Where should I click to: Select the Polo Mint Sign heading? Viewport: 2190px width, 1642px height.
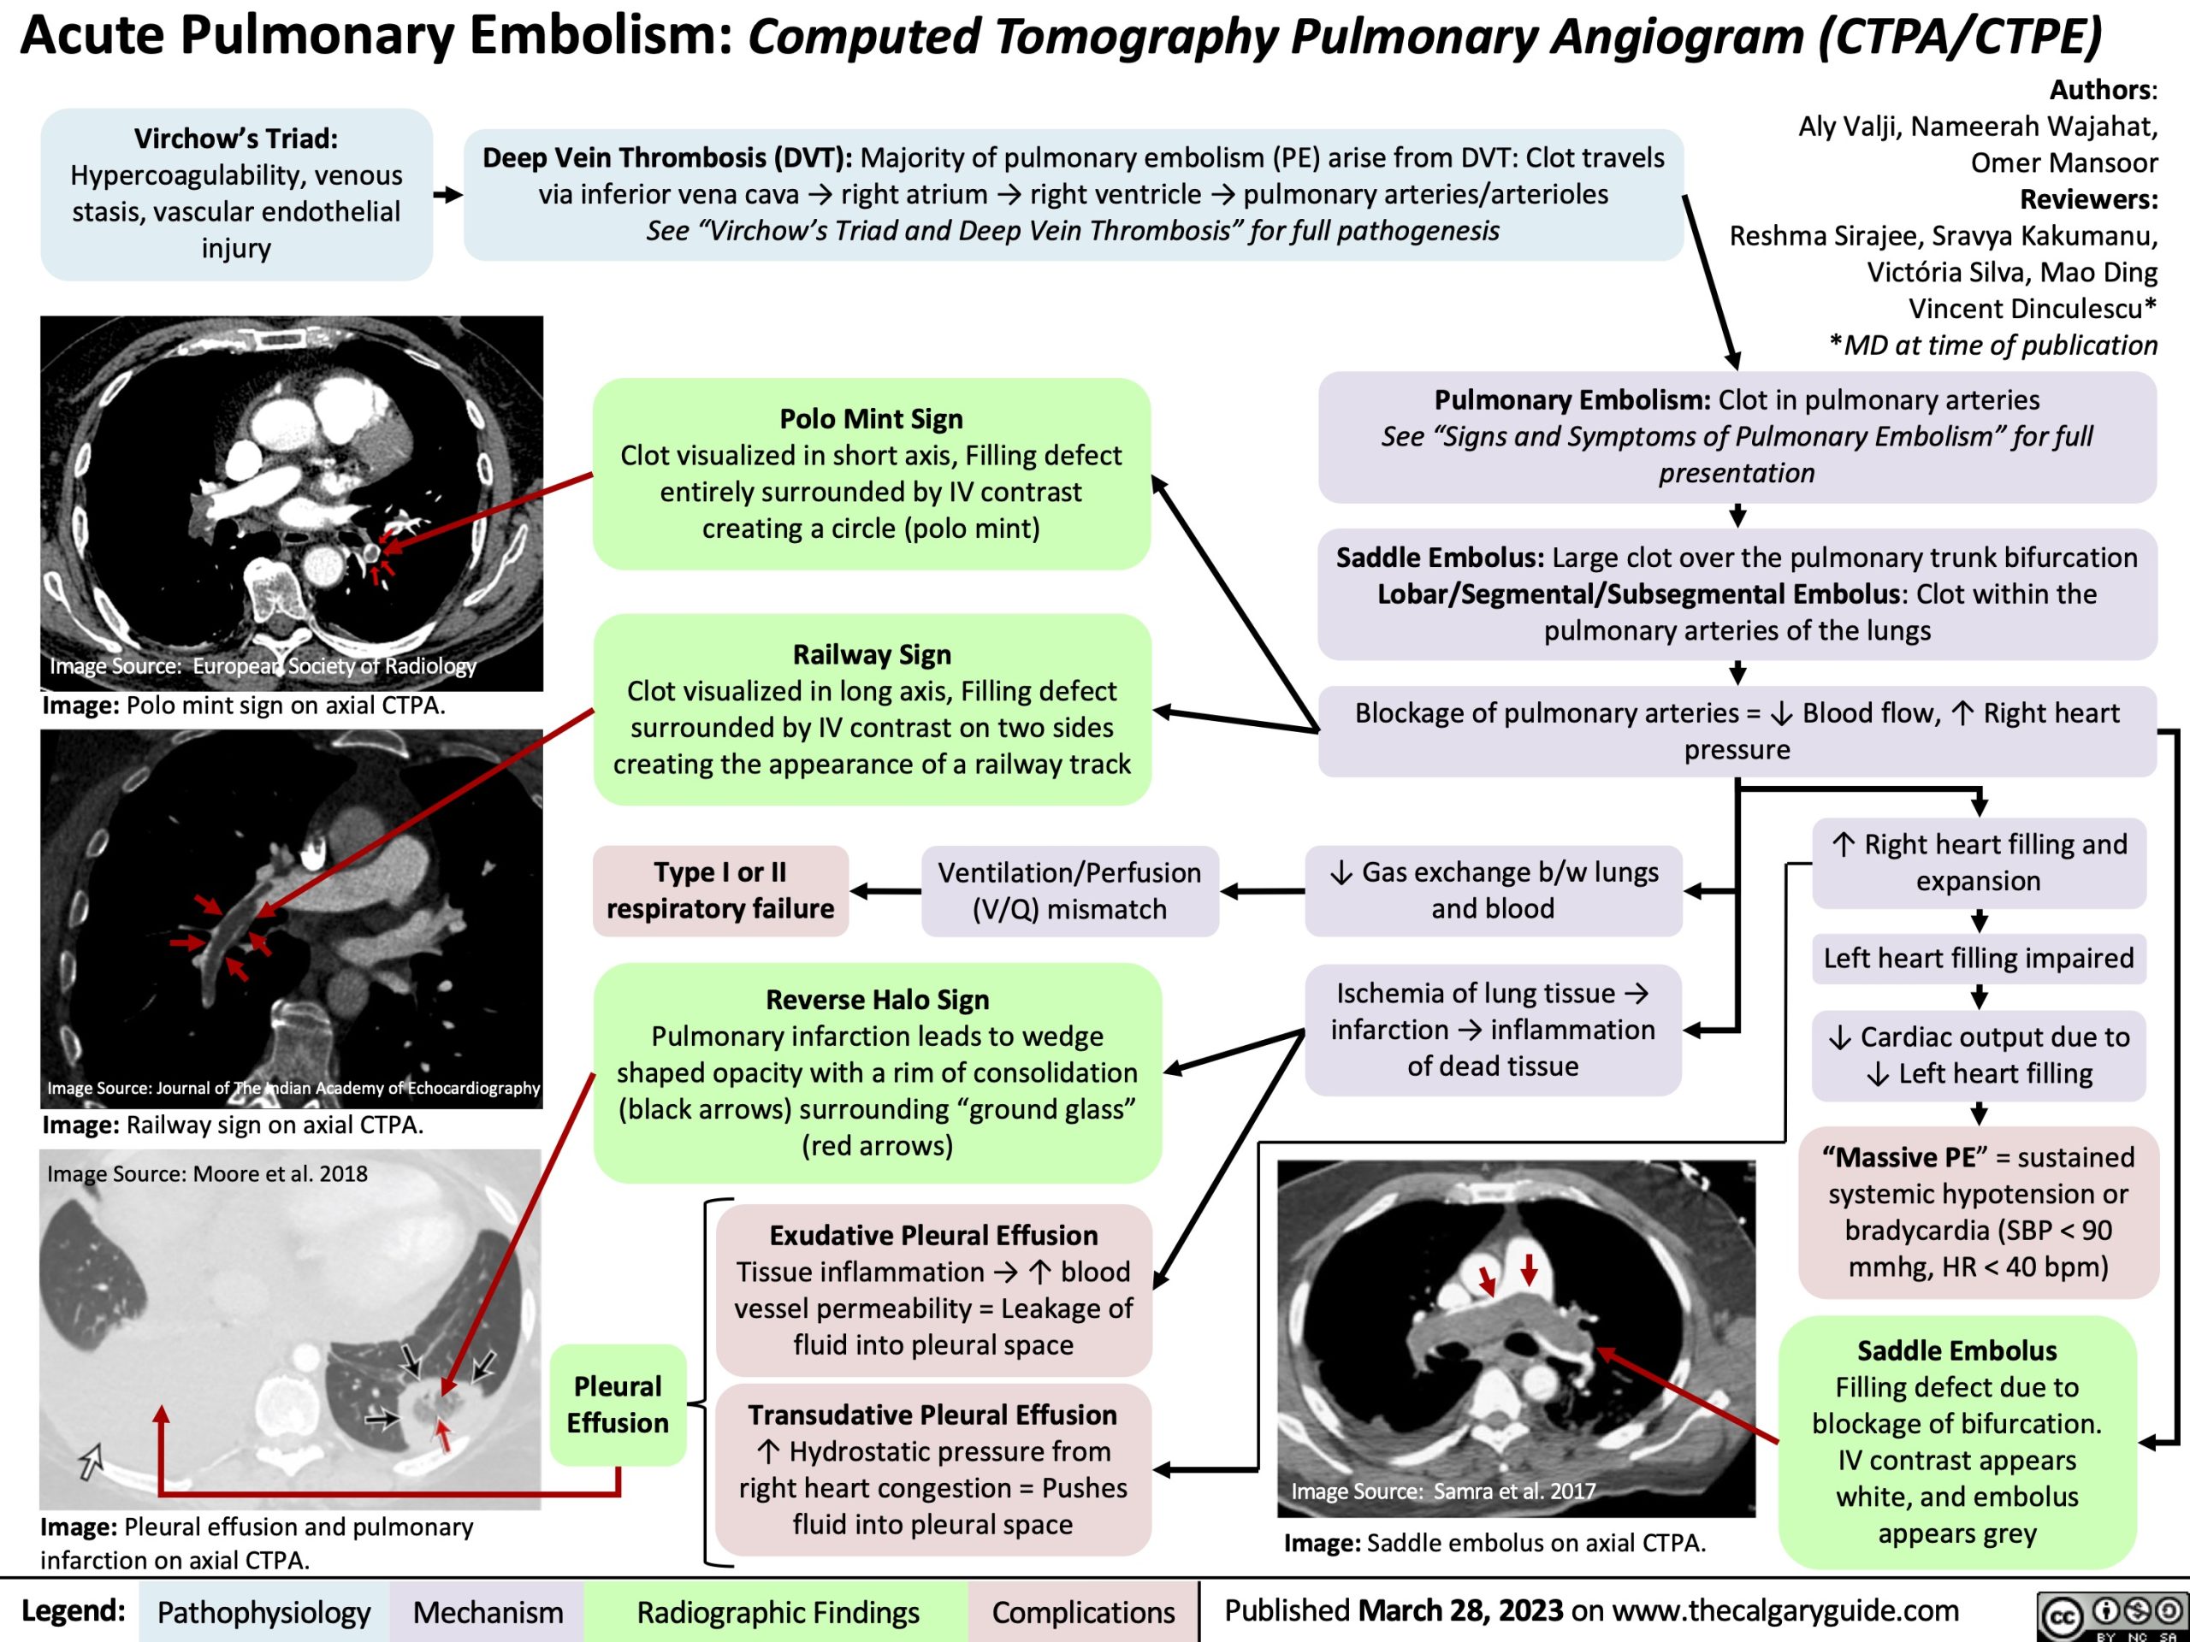coord(870,419)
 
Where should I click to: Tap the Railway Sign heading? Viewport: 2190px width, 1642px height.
coord(871,654)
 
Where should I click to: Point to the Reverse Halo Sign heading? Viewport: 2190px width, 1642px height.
coord(877,1000)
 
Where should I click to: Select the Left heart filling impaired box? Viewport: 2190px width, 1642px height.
coord(1978,958)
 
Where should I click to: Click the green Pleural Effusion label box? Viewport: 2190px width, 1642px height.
coord(618,1404)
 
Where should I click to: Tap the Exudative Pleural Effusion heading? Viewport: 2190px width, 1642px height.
coord(933,1235)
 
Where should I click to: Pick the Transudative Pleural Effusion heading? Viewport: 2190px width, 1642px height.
coord(932,1415)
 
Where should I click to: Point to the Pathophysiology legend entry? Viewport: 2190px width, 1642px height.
coord(263,1612)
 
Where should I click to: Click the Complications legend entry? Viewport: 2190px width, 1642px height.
coord(1083,1612)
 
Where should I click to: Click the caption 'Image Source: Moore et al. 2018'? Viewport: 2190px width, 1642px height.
coord(207,1174)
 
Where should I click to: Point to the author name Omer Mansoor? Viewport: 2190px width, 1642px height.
coord(2063,162)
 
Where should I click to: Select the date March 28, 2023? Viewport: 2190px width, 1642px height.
coord(1460,1610)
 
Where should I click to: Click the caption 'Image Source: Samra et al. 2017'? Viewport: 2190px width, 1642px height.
coord(1442,1491)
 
